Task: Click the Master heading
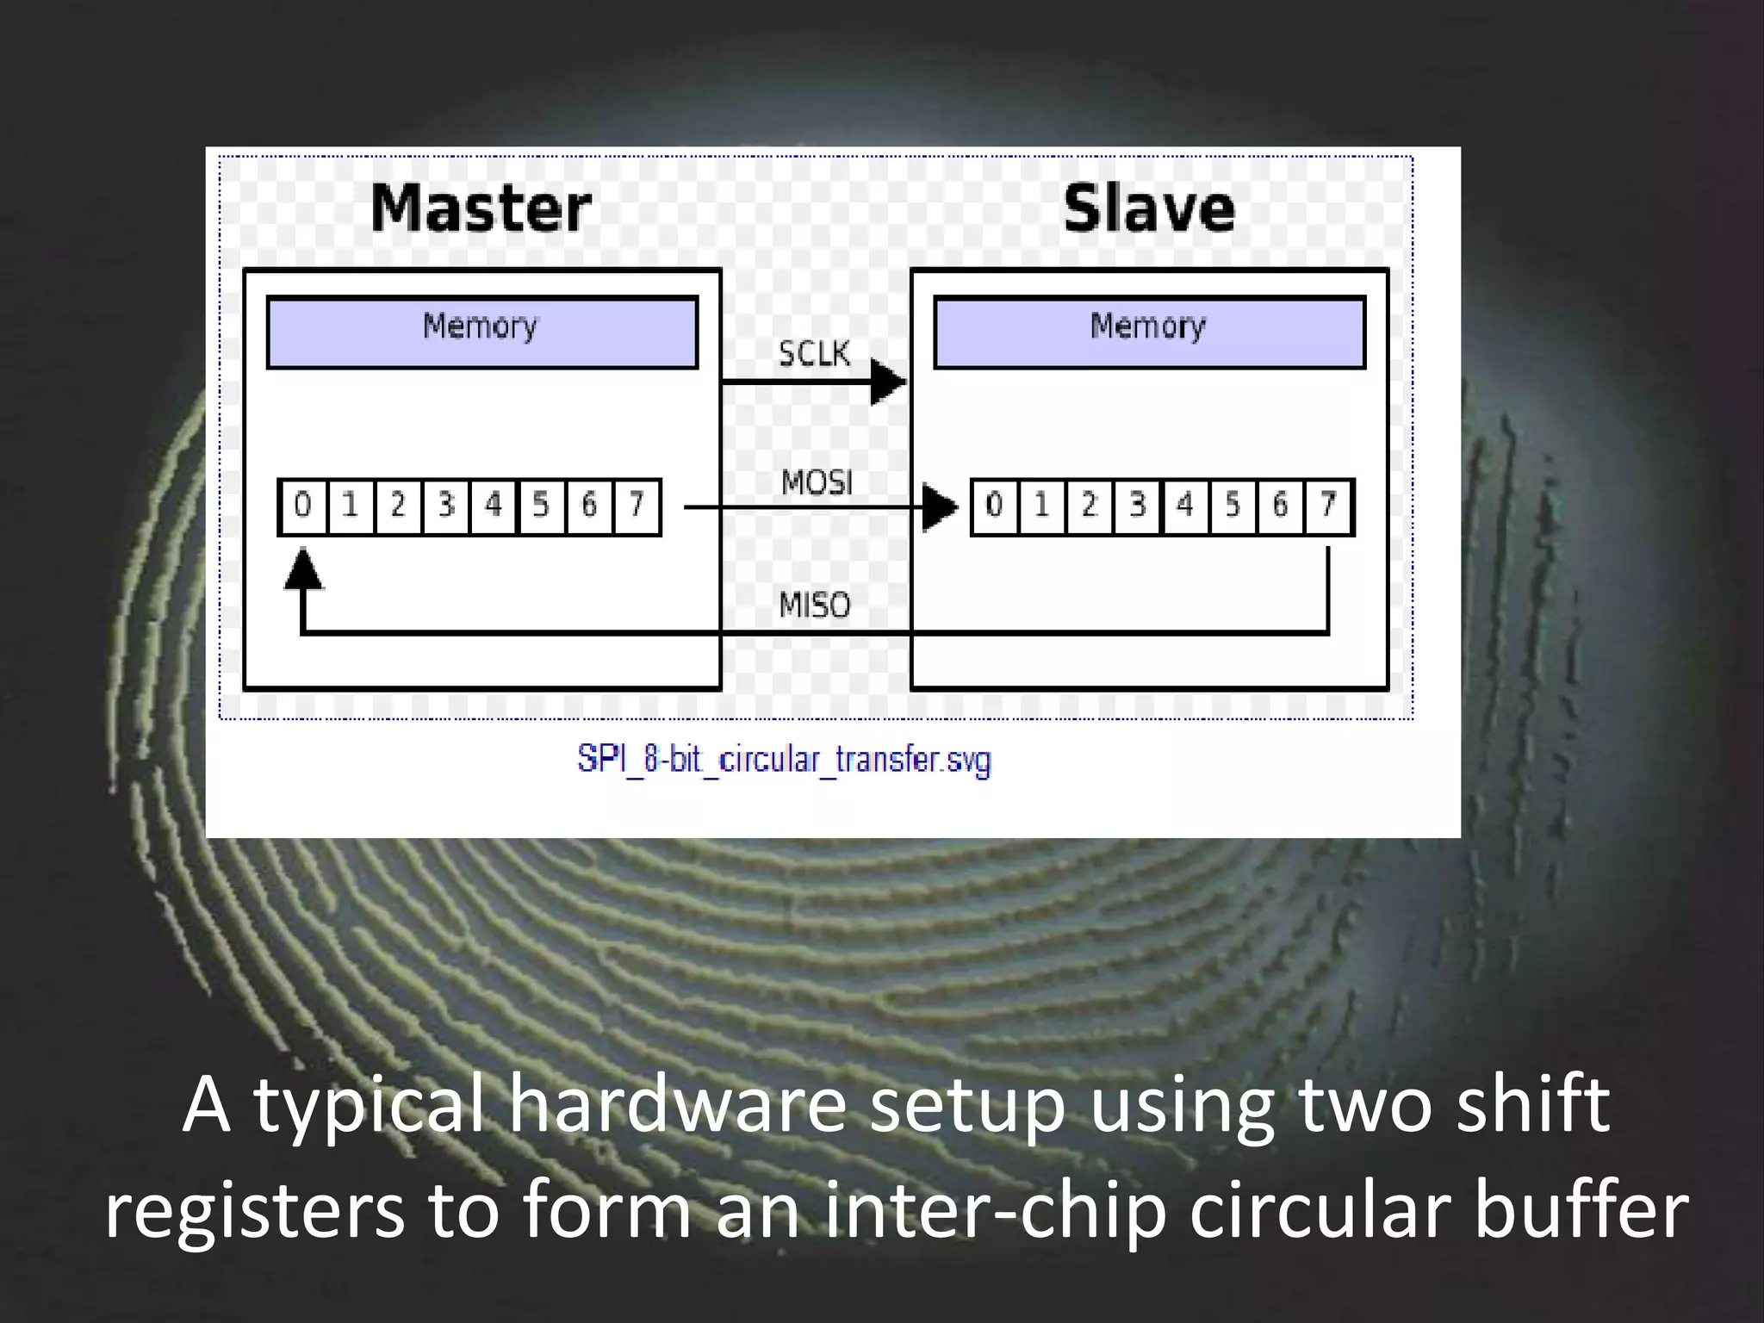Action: (x=481, y=208)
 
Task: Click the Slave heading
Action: (x=1149, y=208)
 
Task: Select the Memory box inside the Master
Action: (x=481, y=332)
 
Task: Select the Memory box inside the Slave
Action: (x=1149, y=332)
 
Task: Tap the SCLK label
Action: (x=814, y=353)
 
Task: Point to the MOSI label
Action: (x=817, y=482)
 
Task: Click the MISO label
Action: (x=815, y=606)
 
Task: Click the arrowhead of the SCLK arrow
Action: (x=887, y=382)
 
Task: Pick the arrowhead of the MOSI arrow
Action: (x=939, y=507)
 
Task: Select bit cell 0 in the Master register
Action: (x=302, y=506)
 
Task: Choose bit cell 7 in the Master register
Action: (x=637, y=506)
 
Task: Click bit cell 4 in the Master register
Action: (x=494, y=506)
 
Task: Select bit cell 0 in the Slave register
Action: (x=995, y=506)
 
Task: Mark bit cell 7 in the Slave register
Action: (x=1329, y=506)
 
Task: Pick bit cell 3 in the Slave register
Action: (x=1138, y=506)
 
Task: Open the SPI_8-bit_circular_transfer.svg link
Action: (x=784, y=760)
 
